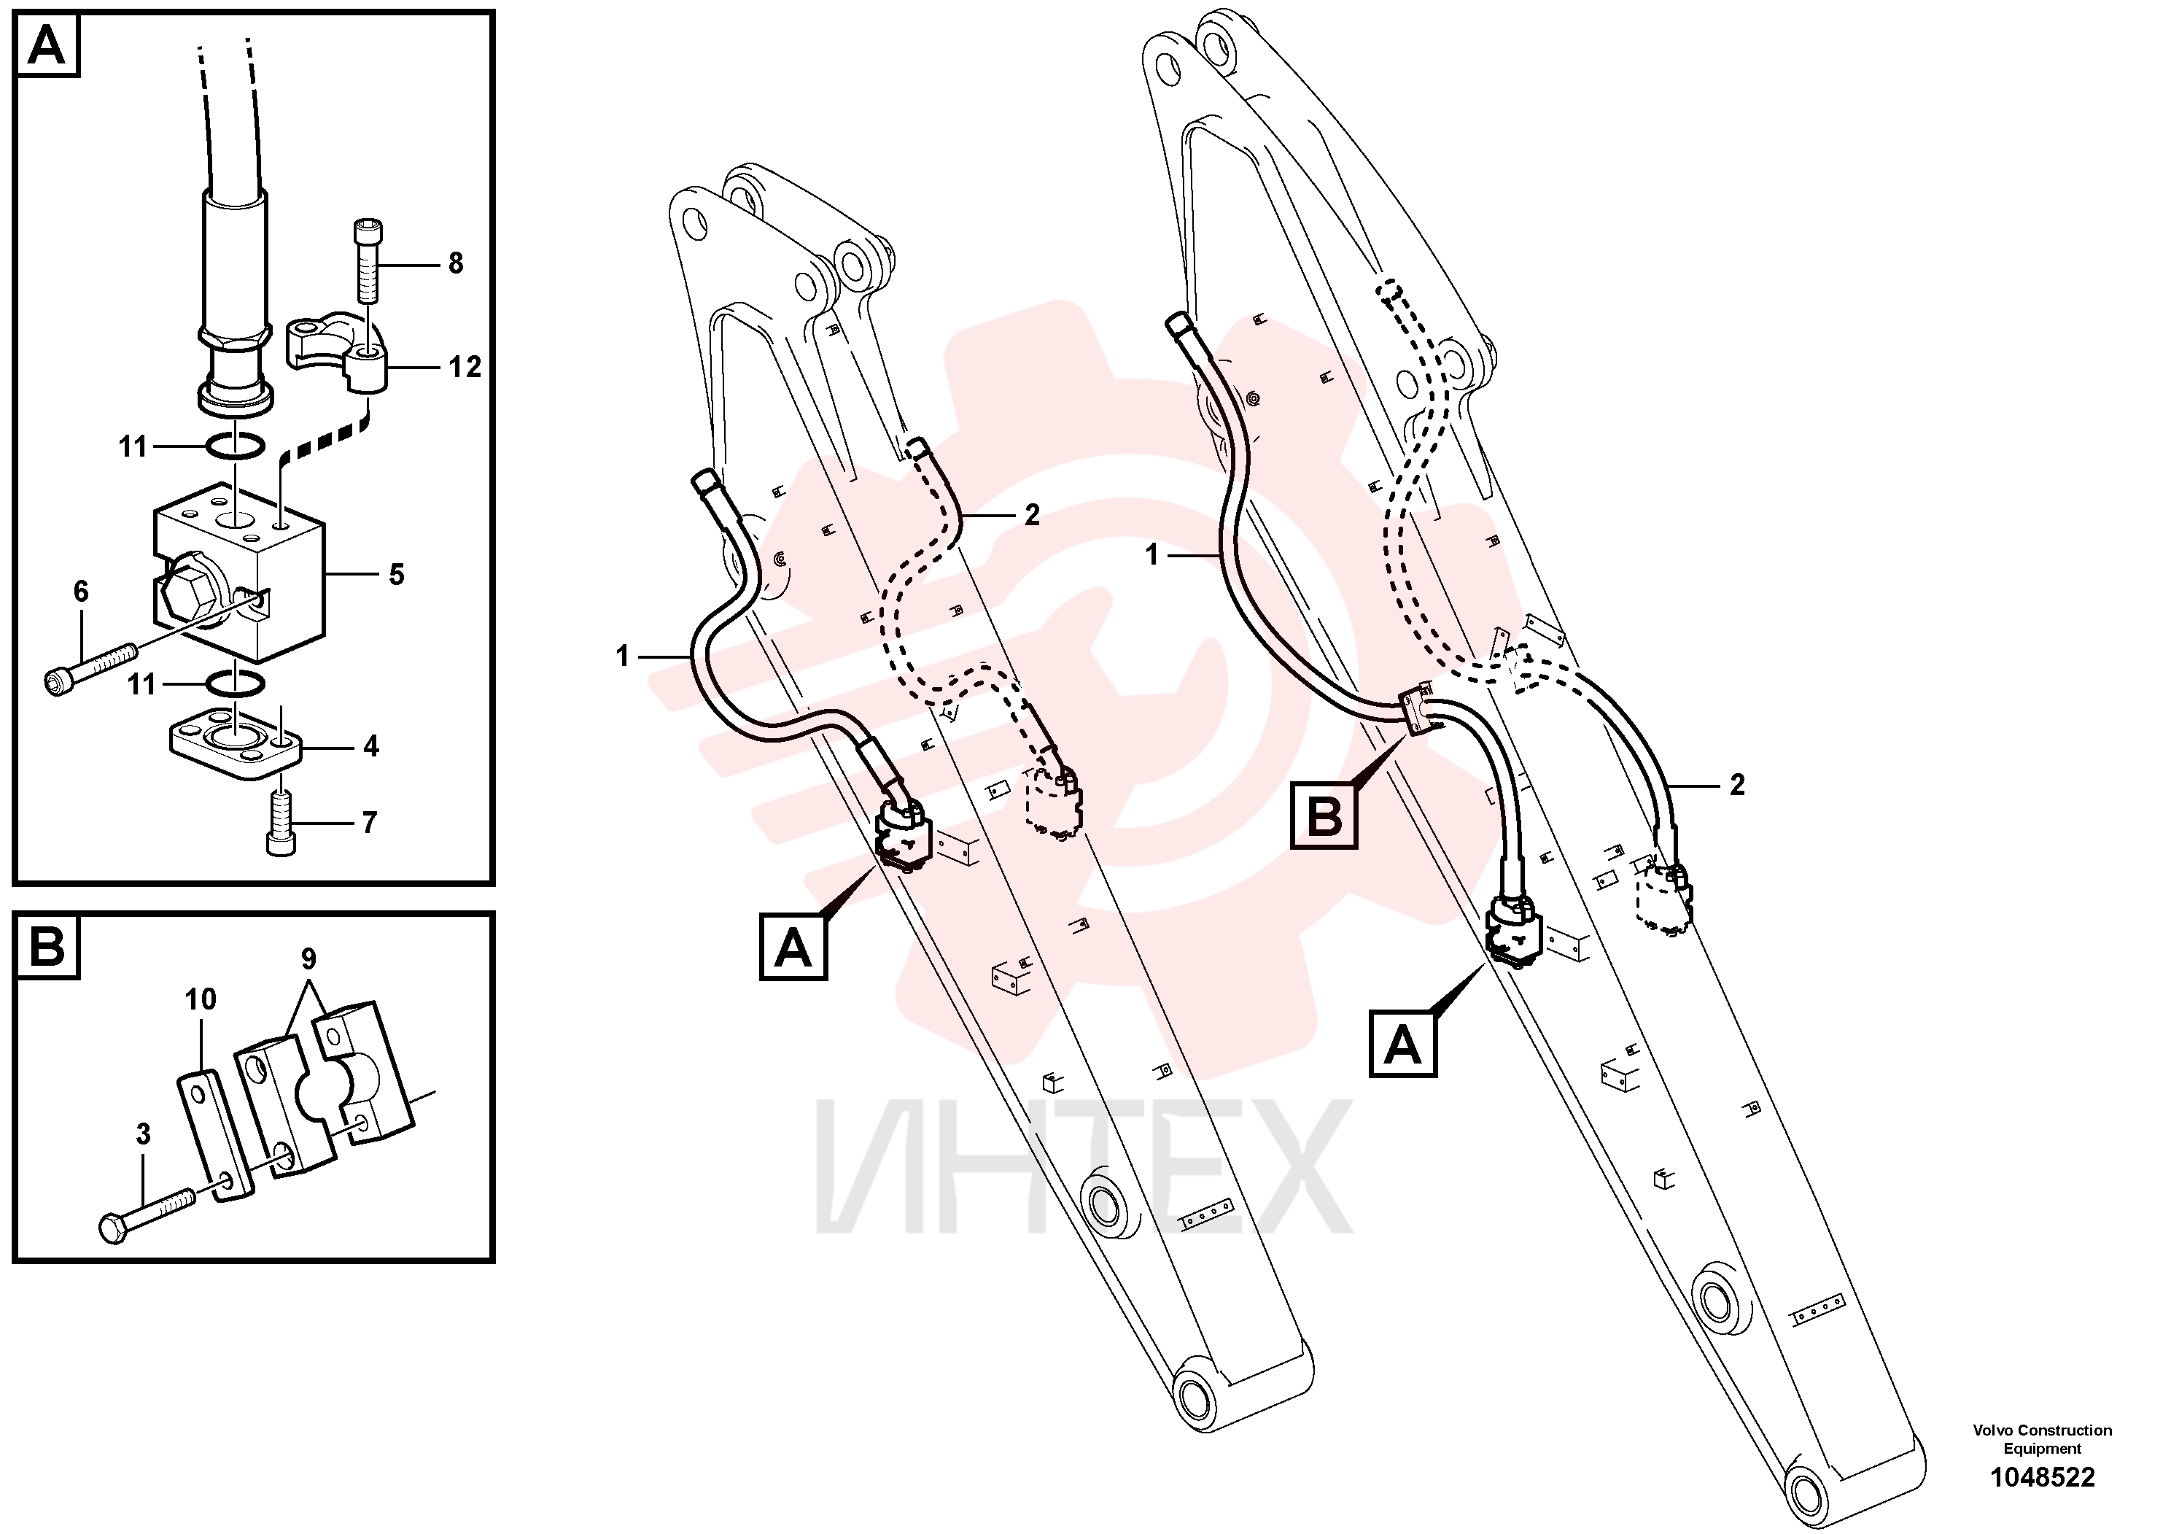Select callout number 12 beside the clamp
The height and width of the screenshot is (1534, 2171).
coord(465,366)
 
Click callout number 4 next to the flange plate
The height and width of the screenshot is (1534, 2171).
coord(372,746)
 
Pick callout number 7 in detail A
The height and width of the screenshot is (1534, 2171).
coord(370,822)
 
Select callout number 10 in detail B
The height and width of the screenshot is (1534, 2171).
coord(201,999)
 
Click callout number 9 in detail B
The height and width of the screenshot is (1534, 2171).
coord(308,959)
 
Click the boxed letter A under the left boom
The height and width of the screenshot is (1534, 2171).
coord(793,947)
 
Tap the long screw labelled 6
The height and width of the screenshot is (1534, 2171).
coord(92,667)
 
